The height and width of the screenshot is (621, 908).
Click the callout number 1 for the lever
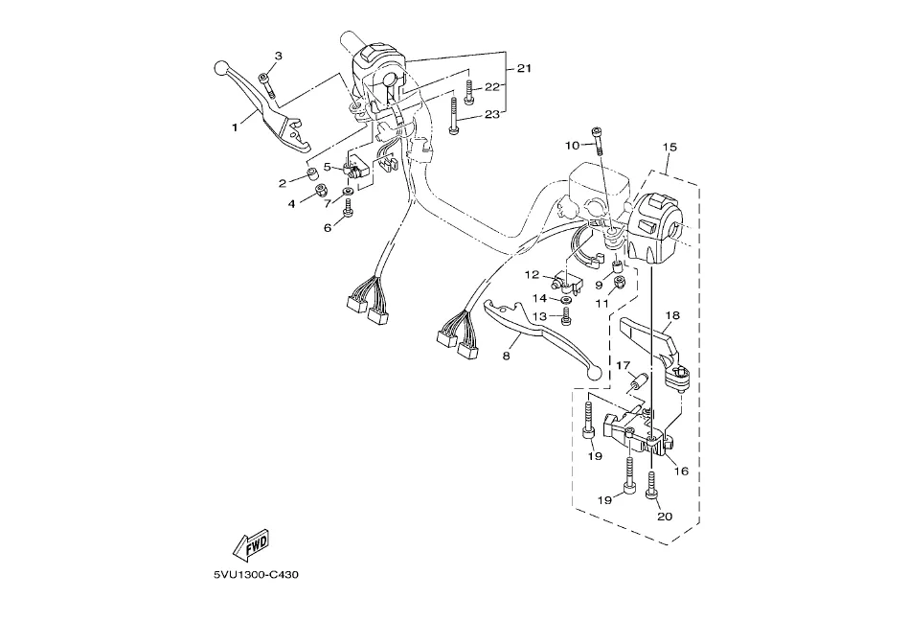233,125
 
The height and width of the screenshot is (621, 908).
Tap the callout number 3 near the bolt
279,57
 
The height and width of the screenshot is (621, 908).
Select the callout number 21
523,68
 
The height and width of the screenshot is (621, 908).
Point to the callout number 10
572,146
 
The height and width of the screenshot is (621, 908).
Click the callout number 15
670,147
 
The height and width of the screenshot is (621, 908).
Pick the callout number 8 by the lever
506,355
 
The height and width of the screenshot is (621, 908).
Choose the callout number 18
672,314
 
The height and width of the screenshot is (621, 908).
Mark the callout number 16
682,471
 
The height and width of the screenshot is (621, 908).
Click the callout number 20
665,517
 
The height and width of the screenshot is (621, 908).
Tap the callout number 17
622,365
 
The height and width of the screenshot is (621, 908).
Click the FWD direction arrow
251,546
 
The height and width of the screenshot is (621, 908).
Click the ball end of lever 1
220,69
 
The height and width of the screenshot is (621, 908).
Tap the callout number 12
532,275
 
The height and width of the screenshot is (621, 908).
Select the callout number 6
327,228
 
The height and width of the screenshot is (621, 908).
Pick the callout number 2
284,182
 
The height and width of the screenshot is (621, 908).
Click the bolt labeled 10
597,138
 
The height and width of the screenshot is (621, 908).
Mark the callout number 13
539,316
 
